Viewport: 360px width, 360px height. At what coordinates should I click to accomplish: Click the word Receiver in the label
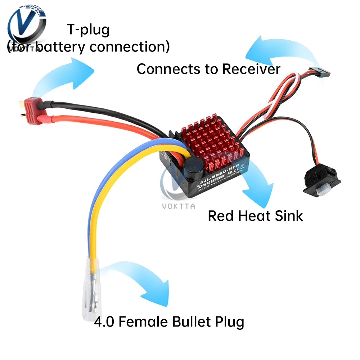(x=251, y=69)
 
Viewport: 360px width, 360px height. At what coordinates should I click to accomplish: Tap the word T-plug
(x=88, y=30)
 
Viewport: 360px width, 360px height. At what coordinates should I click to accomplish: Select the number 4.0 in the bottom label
(x=104, y=321)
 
